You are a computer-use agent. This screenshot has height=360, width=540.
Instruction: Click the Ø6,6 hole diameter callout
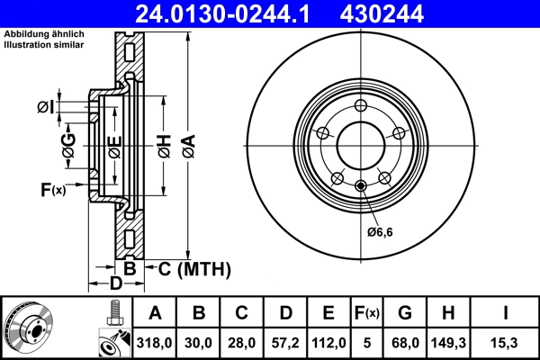381,232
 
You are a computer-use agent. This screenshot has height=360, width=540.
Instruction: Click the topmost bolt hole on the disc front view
361,107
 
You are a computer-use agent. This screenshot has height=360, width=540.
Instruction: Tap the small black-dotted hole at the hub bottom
361,186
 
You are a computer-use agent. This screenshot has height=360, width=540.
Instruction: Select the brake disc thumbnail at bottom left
29,328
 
